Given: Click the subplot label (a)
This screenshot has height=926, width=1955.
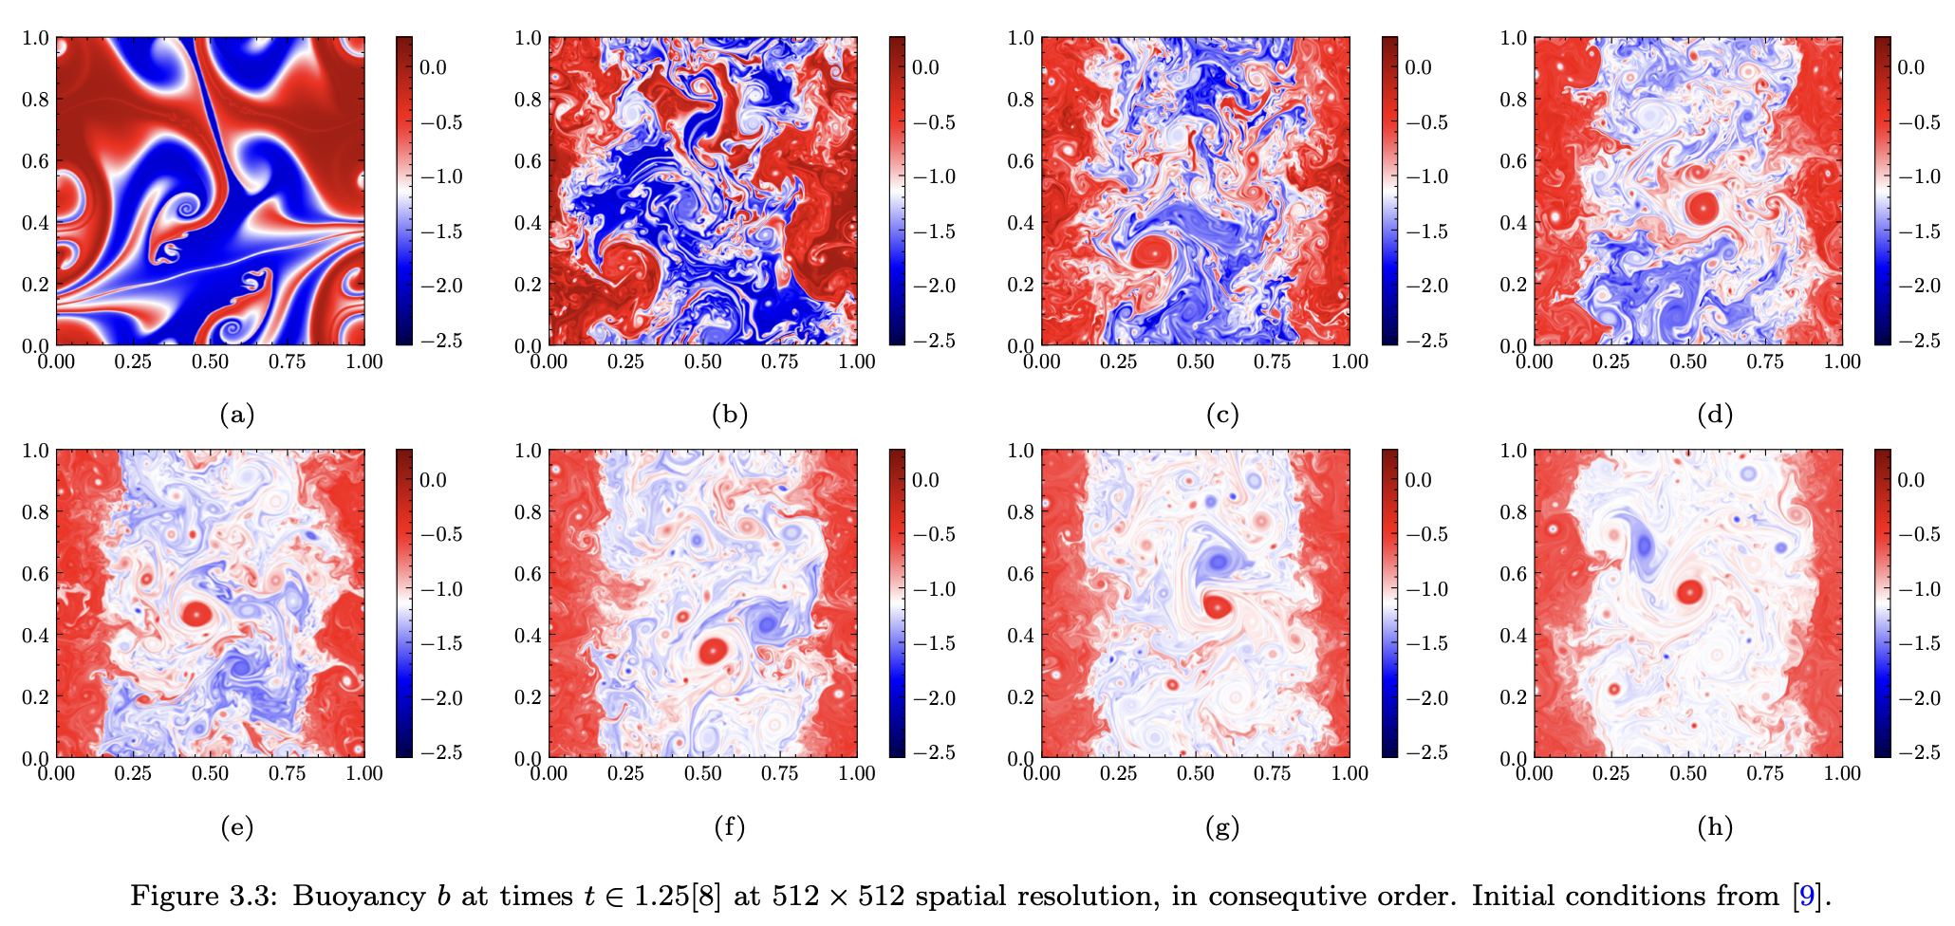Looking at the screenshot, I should click(x=236, y=415).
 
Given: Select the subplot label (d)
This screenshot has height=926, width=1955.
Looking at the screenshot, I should click(x=1715, y=415).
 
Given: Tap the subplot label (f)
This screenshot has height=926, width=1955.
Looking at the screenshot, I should click(x=729, y=827).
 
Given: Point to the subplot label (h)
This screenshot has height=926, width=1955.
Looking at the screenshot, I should click(x=1715, y=827).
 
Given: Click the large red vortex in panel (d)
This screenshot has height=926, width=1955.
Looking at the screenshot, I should click(x=1703, y=206).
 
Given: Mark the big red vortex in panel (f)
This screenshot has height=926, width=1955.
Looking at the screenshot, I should click(x=713, y=651).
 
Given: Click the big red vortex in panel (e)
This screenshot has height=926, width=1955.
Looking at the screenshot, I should click(x=196, y=614).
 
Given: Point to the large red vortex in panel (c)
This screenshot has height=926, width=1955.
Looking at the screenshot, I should click(x=1150, y=253).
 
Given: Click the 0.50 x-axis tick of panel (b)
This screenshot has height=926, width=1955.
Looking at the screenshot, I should click(x=702, y=361).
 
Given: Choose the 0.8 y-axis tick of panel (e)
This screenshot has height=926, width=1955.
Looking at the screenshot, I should click(x=37, y=511).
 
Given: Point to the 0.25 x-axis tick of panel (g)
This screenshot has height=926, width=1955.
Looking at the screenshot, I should click(x=1119, y=773).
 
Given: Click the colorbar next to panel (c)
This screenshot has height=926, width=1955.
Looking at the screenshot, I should click(x=1390, y=190).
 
